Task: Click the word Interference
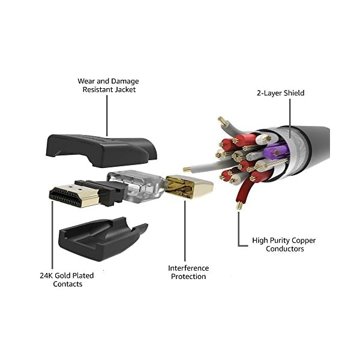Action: click(188, 268)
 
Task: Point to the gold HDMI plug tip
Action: click(67, 196)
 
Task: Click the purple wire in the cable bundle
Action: click(274, 150)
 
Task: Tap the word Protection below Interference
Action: click(188, 277)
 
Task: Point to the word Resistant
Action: click(97, 89)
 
